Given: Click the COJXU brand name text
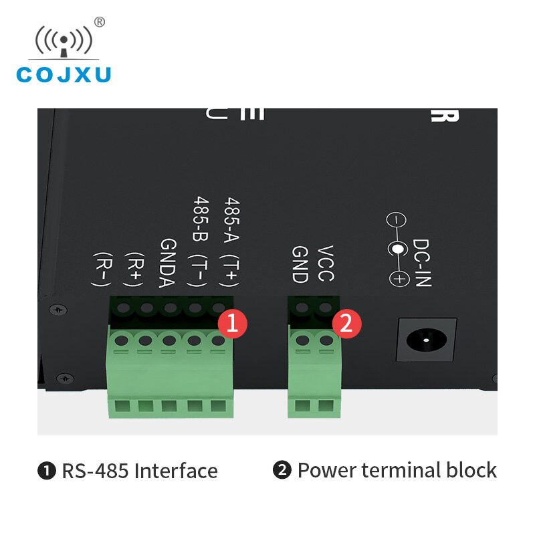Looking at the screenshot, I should [64, 74].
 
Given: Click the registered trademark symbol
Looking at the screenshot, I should [100, 22].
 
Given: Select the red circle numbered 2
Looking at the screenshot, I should [346, 324].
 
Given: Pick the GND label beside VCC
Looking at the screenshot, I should [299, 264].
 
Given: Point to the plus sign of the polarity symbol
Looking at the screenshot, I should [399, 279].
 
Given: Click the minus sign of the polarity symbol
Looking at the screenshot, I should [397, 220].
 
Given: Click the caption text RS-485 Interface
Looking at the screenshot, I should [140, 471].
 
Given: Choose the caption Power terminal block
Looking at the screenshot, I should [397, 470].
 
